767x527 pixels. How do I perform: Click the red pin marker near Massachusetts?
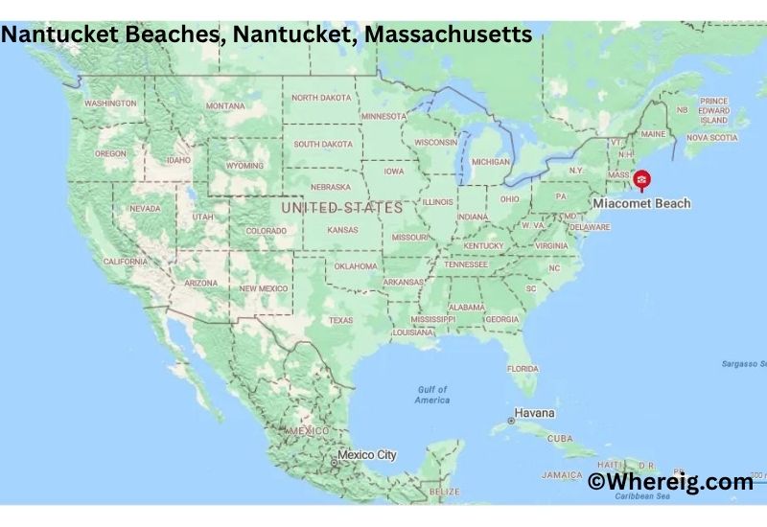pos(641,179)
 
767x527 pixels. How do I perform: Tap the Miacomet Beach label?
pos(641,203)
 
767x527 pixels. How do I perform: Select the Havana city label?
pos(534,414)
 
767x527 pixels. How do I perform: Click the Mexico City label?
pos(366,454)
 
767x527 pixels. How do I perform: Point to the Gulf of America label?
pos(432,395)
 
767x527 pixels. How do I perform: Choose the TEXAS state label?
pos(340,320)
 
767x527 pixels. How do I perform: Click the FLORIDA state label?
pos(523,368)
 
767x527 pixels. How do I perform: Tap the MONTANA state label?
pos(224,105)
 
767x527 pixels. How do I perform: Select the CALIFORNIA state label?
pos(126,261)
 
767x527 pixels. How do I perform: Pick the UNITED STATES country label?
pos(341,207)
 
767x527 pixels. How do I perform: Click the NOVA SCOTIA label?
pos(711,137)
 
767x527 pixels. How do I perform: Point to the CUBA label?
pos(560,438)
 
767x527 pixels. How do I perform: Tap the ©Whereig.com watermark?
pos(670,482)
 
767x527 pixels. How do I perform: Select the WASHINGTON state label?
pos(110,103)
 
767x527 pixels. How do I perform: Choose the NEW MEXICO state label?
pos(263,287)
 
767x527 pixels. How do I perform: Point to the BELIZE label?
pos(444,491)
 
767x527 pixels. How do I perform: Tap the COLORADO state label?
pos(267,231)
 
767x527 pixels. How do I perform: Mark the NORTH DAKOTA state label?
pos(321,98)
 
